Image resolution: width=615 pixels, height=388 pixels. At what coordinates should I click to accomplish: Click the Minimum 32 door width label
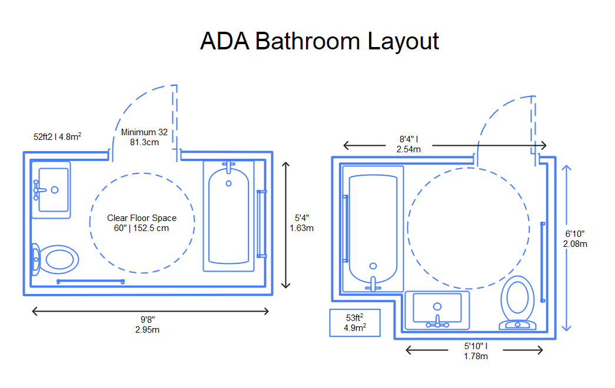[144, 137]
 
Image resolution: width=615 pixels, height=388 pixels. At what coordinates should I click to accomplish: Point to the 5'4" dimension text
[301, 223]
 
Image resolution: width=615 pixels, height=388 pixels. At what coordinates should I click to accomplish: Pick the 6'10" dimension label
[574, 239]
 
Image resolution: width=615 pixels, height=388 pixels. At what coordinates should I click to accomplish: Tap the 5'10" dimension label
[476, 351]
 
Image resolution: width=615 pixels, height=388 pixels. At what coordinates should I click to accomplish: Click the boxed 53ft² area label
[355, 323]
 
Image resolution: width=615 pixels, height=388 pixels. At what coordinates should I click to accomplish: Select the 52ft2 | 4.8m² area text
[57, 136]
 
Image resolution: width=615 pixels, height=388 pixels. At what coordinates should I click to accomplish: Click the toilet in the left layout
[55, 259]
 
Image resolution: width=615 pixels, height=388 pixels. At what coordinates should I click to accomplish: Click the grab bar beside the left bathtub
[261, 223]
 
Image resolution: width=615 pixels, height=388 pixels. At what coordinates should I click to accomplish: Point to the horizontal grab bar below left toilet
[90, 281]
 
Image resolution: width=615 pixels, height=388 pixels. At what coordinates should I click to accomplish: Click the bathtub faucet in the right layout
[373, 283]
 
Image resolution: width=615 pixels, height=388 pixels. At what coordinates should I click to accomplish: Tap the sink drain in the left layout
[55, 190]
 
